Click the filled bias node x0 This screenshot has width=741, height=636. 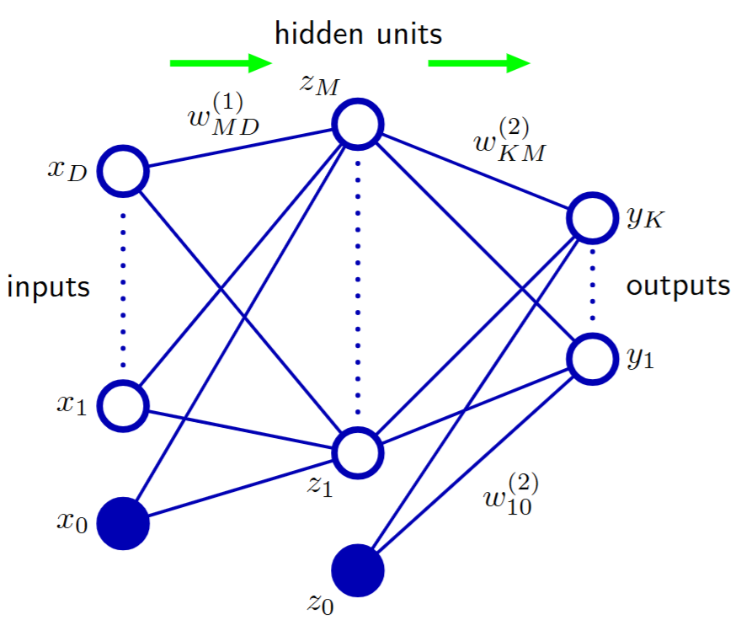pyautogui.click(x=124, y=524)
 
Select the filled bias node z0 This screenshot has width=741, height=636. pyautogui.click(x=358, y=570)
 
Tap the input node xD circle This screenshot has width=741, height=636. pyautogui.click(x=124, y=171)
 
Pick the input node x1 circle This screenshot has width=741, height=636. pyautogui.click(x=124, y=405)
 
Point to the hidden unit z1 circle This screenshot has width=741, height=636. pyautogui.click(x=358, y=452)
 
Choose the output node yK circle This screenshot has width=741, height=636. pyautogui.click(x=592, y=218)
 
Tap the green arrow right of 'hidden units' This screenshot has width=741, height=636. pyautogui.click(x=478, y=62)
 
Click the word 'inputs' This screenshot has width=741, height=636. pyautogui.click(x=48, y=287)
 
